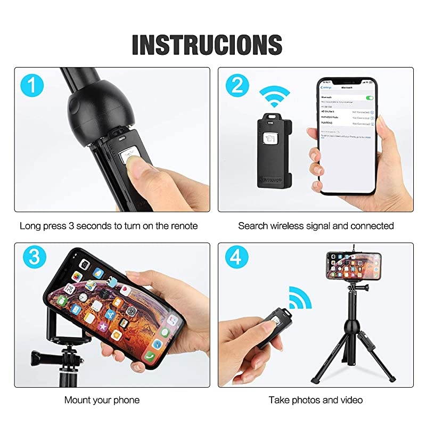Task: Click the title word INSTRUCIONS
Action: [x=207, y=44]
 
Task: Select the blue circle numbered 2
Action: [x=237, y=86]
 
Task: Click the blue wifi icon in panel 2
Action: [x=274, y=97]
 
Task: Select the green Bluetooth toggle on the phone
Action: [x=370, y=98]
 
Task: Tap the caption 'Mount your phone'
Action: [x=102, y=399]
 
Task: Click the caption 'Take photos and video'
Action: [x=316, y=399]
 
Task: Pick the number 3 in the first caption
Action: [x=71, y=226]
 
